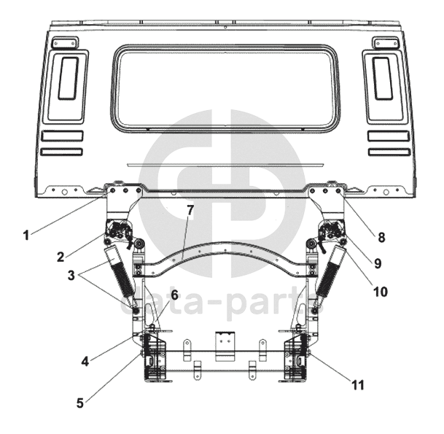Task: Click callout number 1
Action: (26, 235)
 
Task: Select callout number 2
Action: (61, 256)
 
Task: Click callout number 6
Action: (174, 294)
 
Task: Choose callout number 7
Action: (190, 211)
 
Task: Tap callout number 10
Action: (379, 291)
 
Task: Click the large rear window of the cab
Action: (225, 88)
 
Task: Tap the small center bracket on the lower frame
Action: (226, 342)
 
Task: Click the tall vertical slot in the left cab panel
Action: (68, 78)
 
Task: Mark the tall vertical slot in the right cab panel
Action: (383, 78)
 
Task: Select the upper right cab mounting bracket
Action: (326, 201)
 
